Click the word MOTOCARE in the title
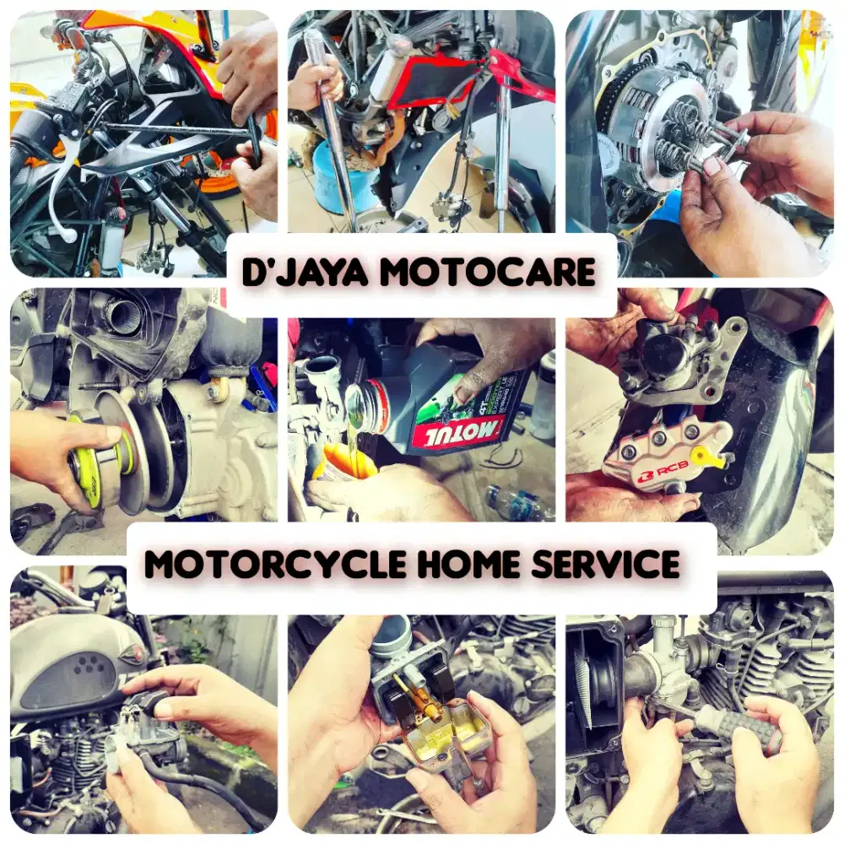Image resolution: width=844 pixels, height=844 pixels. [x=487, y=273]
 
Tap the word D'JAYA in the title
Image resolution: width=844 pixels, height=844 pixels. [x=306, y=272]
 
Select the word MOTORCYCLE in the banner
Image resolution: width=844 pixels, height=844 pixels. [x=275, y=564]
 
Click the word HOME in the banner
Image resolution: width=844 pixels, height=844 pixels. [x=468, y=564]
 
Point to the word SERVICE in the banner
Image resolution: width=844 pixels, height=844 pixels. [x=605, y=564]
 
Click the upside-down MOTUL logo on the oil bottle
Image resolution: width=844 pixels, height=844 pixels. [x=457, y=433]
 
